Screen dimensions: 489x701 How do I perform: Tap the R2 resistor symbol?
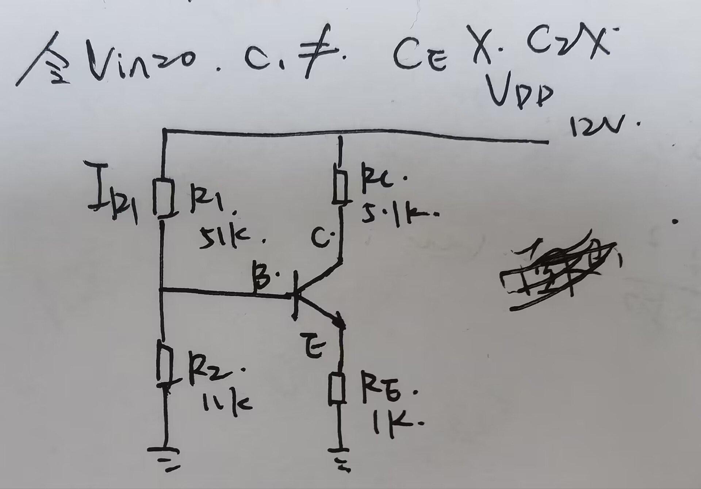(165, 364)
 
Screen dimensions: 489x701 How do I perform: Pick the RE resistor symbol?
(337, 389)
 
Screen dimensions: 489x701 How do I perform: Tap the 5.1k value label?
(394, 215)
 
